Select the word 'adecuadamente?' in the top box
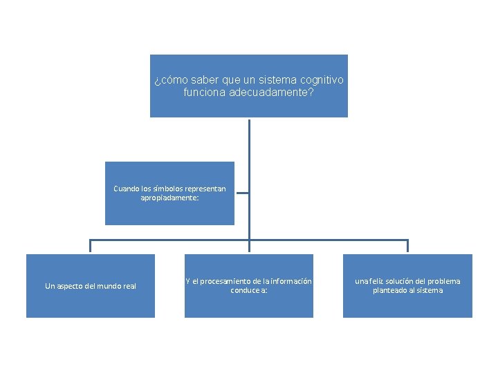271,93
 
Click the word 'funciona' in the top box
205,93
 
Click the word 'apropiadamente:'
169,198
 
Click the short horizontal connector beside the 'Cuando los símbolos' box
243,193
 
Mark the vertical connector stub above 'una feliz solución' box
407,246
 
